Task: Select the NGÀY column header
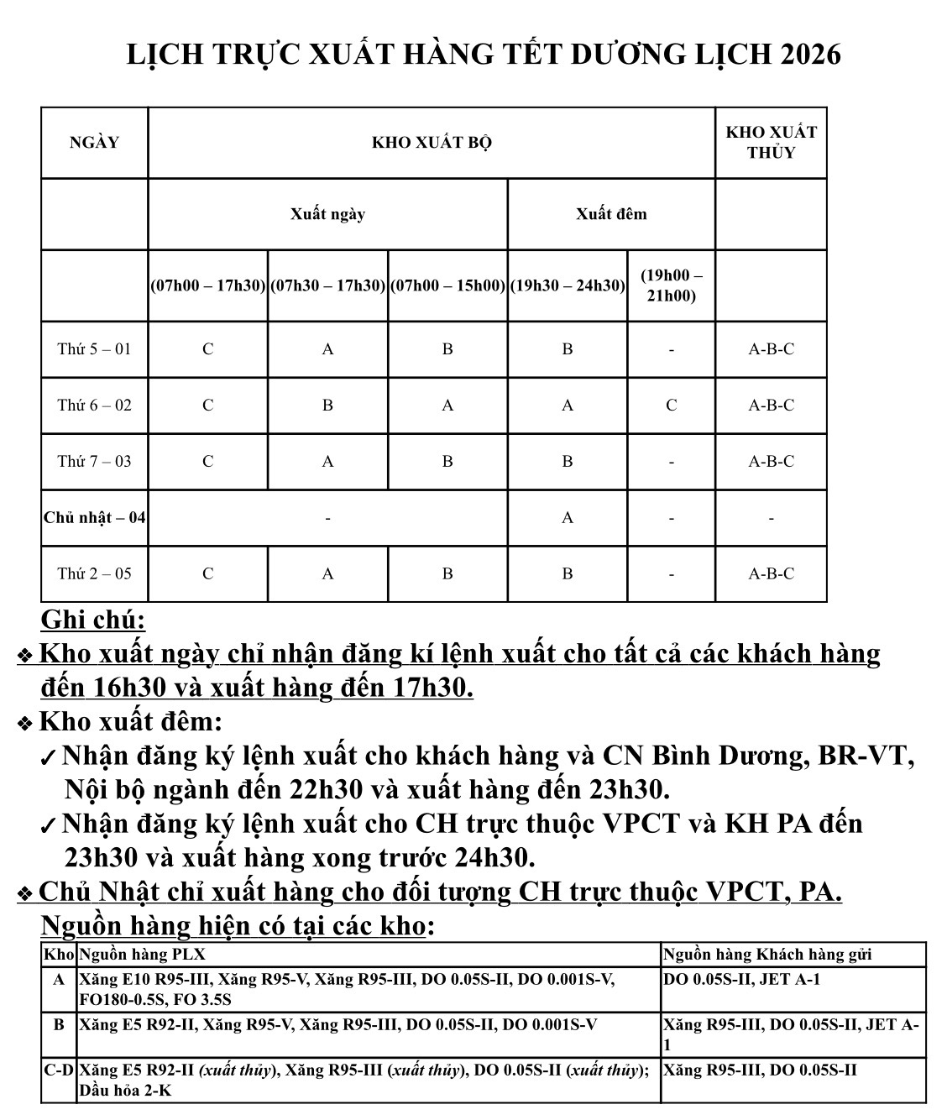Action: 94,142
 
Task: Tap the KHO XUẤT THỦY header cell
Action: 771,142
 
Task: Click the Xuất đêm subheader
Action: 611,214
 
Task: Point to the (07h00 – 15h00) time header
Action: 447,285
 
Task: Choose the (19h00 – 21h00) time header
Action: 671,285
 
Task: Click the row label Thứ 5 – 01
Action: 94,349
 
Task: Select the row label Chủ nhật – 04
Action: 94,517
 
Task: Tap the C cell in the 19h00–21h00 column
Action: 671,406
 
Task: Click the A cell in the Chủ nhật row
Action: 568,517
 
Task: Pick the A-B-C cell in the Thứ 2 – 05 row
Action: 771,573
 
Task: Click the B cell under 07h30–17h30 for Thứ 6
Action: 327,406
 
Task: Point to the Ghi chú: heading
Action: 93,620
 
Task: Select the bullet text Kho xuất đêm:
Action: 131,721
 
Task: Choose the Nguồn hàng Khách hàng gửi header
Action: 767,954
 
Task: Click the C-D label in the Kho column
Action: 59,1070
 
